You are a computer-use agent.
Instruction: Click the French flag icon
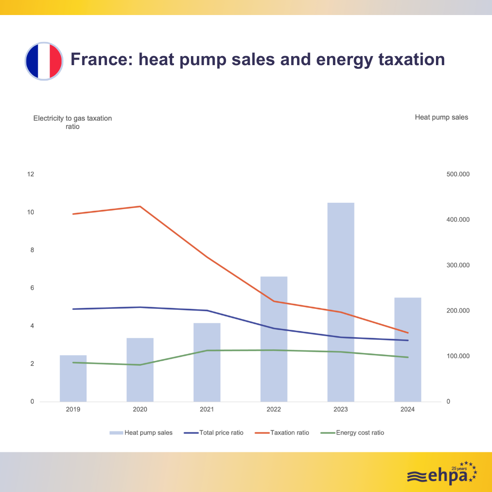pyautogui.click(x=43, y=61)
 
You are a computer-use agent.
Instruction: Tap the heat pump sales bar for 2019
pyautogui.click(x=73, y=378)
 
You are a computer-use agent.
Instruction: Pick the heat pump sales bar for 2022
pyautogui.click(x=274, y=339)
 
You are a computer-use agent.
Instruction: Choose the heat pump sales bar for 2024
pyautogui.click(x=408, y=349)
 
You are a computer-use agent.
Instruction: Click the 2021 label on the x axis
pyautogui.click(x=207, y=410)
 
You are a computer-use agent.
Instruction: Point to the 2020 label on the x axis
pyautogui.click(x=140, y=410)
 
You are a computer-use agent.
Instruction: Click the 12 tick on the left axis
pyautogui.click(x=31, y=174)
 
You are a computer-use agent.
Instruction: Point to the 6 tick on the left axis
pyautogui.click(x=32, y=288)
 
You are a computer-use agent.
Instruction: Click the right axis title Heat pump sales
pyautogui.click(x=441, y=118)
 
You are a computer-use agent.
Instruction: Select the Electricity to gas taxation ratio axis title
pyautogui.click(x=72, y=123)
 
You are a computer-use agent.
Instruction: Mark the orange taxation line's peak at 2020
pyautogui.click(x=140, y=206)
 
